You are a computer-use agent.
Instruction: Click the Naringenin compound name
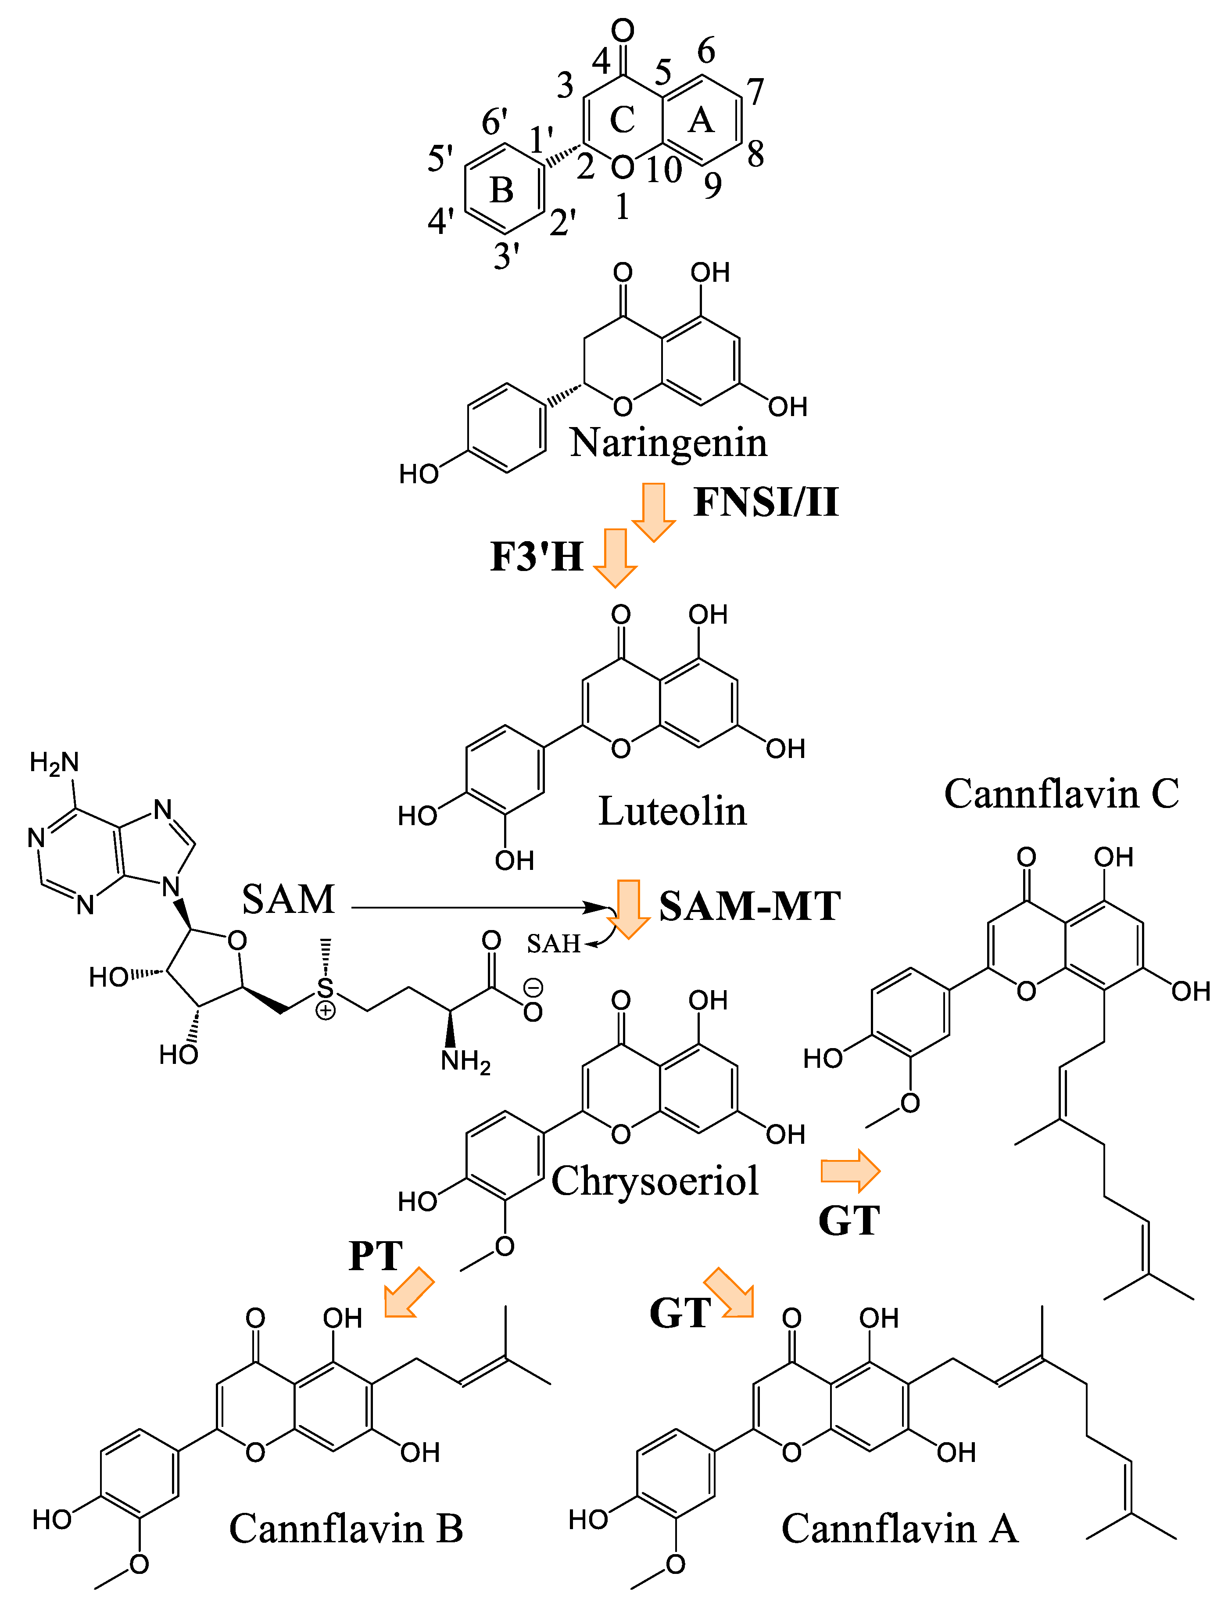click(668, 443)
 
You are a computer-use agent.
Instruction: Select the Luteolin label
click(673, 812)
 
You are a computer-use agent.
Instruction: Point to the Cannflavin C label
click(1061, 794)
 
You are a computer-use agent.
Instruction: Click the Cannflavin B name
click(346, 1529)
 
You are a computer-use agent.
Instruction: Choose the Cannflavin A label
click(899, 1529)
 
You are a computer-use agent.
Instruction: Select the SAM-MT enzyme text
click(750, 906)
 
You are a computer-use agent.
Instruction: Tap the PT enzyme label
click(376, 1257)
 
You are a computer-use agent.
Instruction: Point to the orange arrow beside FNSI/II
click(653, 512)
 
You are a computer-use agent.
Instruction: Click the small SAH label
click(553, 944)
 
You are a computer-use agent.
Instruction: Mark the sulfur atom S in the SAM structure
click(325, 988)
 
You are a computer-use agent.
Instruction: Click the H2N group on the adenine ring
click(54, 762)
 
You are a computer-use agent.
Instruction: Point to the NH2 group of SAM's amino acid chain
click(465, 1061)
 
